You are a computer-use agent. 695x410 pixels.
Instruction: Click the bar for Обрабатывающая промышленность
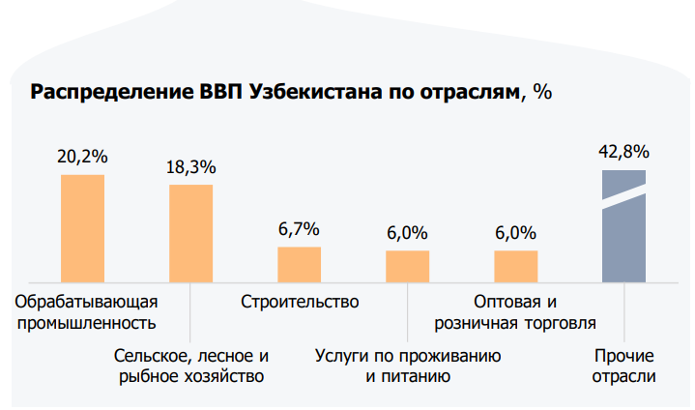pos(82,227)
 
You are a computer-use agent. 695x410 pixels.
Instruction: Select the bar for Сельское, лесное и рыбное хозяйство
pos(190,232)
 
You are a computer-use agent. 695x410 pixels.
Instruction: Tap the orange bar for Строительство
pos(299,263)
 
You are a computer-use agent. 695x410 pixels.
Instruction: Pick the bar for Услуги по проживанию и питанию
pos(407,265)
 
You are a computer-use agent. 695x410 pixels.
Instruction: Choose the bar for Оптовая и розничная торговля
pos(515,265)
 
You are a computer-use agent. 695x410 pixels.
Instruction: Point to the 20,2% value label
pos(82,157)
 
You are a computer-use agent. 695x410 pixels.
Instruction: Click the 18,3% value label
pos(190,166)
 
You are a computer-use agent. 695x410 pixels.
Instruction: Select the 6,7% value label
pos(299,229)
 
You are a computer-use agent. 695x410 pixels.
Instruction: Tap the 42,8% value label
pos(623,152)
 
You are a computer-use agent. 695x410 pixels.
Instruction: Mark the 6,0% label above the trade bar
pos(515,233)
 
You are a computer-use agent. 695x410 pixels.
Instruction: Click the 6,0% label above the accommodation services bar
pos(407,233)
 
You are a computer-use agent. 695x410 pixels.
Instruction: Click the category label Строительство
pos(300,301)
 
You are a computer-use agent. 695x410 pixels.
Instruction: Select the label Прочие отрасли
pos(623,366)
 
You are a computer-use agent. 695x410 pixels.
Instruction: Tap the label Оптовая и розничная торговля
pos(515,311)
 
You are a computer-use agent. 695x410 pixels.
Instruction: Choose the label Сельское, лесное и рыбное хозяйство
pos(190,366)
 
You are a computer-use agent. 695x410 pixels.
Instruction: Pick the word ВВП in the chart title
pos(222,93)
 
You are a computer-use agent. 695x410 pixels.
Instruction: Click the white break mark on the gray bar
pos(623,190)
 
